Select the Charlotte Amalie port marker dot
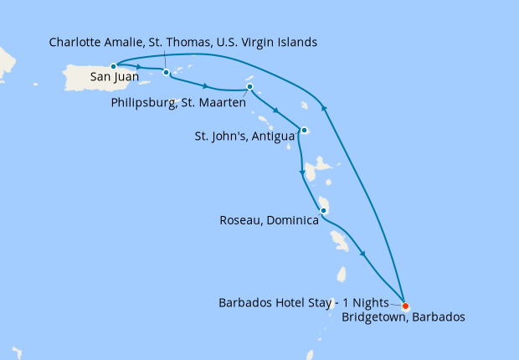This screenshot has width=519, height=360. (x=167, y=73)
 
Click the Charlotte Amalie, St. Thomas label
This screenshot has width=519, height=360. (x=183, y=42)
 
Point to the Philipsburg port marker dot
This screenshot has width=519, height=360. (x=249, y=88)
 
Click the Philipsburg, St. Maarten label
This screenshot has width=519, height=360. (x=178, y=102)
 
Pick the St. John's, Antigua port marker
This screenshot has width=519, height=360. (x=304, y=130)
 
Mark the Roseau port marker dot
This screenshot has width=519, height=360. (x=322, y=210)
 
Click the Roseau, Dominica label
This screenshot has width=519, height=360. (x=268, y=221)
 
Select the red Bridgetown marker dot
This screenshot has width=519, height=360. (x=405, y=306)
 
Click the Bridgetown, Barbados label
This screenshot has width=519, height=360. (x=403, y=317)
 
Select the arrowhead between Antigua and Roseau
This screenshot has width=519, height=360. (x=302, y=173)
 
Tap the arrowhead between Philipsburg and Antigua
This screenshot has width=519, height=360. (x=275, y=110)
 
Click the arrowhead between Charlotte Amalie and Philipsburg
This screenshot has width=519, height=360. (x=205, y=85)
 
